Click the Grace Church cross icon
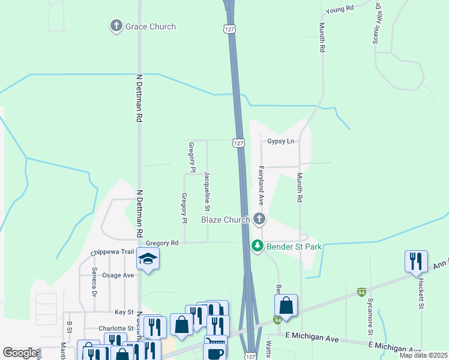tap(116, 26)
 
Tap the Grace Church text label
tap(150, 26)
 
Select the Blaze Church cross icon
tap(259, 219)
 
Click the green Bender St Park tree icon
tap(258, 246)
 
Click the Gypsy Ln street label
tap(281, 142)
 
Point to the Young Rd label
tap(340, 9)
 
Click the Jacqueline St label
tap(206, 191)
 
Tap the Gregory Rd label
tap(166, 243)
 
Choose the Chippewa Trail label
tap(112, 252)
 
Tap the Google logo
tap(20, 353)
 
